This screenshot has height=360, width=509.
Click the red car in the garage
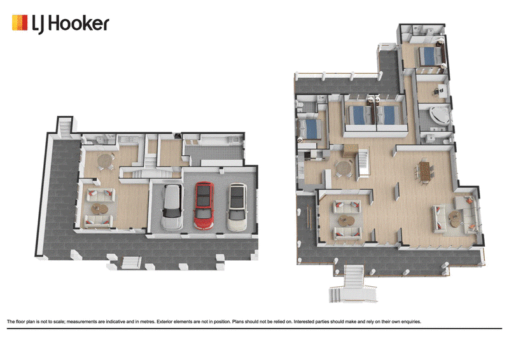(x=204, y=206)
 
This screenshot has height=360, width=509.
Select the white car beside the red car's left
(x=172, y=208)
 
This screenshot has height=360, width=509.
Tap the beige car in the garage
(x=237, y=207)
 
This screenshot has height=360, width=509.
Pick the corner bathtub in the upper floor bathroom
(x=440, y=116)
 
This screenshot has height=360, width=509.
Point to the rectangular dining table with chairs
(x=424, y=171)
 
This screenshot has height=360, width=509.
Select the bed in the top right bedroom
(x=429, y=56)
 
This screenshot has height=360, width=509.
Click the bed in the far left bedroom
(x=310, y=129)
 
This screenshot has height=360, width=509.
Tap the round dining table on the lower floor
(x=105, y=161)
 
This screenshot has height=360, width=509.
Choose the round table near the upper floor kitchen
(x=344, y=169)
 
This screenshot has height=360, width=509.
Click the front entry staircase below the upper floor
(x=353, y=284)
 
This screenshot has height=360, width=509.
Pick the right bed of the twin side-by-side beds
(x=389, y=115)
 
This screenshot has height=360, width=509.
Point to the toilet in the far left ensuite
(x=300, y=105)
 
